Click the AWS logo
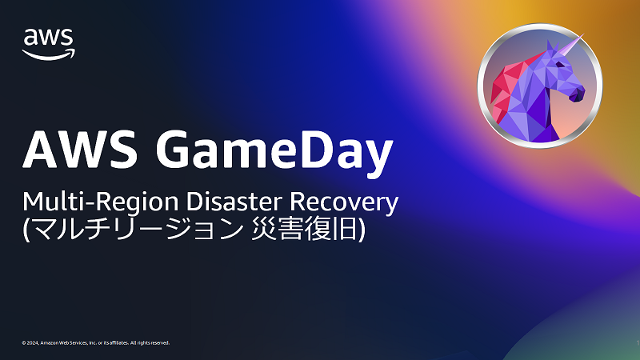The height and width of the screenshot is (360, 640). pyautogui.click(x=49, y=42)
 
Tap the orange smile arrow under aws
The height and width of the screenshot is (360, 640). pyautogui.click(x=49, y=54)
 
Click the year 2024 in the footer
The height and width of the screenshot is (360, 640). pyautogui.click(x=34, y=342)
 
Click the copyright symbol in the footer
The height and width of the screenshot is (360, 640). pyautogui.click(x=24, y=342)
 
